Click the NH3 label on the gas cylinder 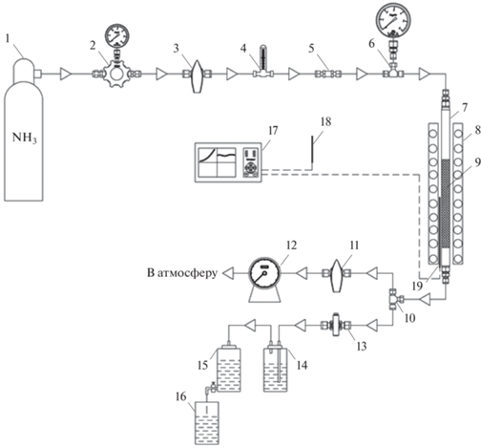click(24, 138)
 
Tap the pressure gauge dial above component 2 click(117, 35)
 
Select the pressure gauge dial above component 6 click(393, 19)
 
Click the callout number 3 click(176, 49)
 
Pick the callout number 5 click(311, 49)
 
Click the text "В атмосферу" click(182, 273)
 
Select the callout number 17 click(273, 131)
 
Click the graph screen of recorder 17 click(217, 162)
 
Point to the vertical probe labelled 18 click(312, 153)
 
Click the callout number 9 click(476, 162)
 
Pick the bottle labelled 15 click(229, 369)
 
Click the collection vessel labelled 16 click(207, 423)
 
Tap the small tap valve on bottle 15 click(211, 387)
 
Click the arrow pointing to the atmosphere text click(228, 273)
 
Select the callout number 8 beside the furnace click(477, 131)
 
